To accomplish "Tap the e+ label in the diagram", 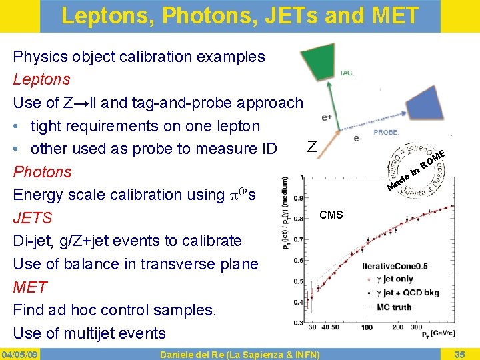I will [x=327, y=117].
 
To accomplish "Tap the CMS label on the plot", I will [x=331, y=215].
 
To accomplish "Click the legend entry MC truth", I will [x=393, y=307].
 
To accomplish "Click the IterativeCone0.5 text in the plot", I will [x=394, y=266].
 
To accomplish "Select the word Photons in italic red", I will [x=42, y=171].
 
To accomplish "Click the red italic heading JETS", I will [x=32, y=218].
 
